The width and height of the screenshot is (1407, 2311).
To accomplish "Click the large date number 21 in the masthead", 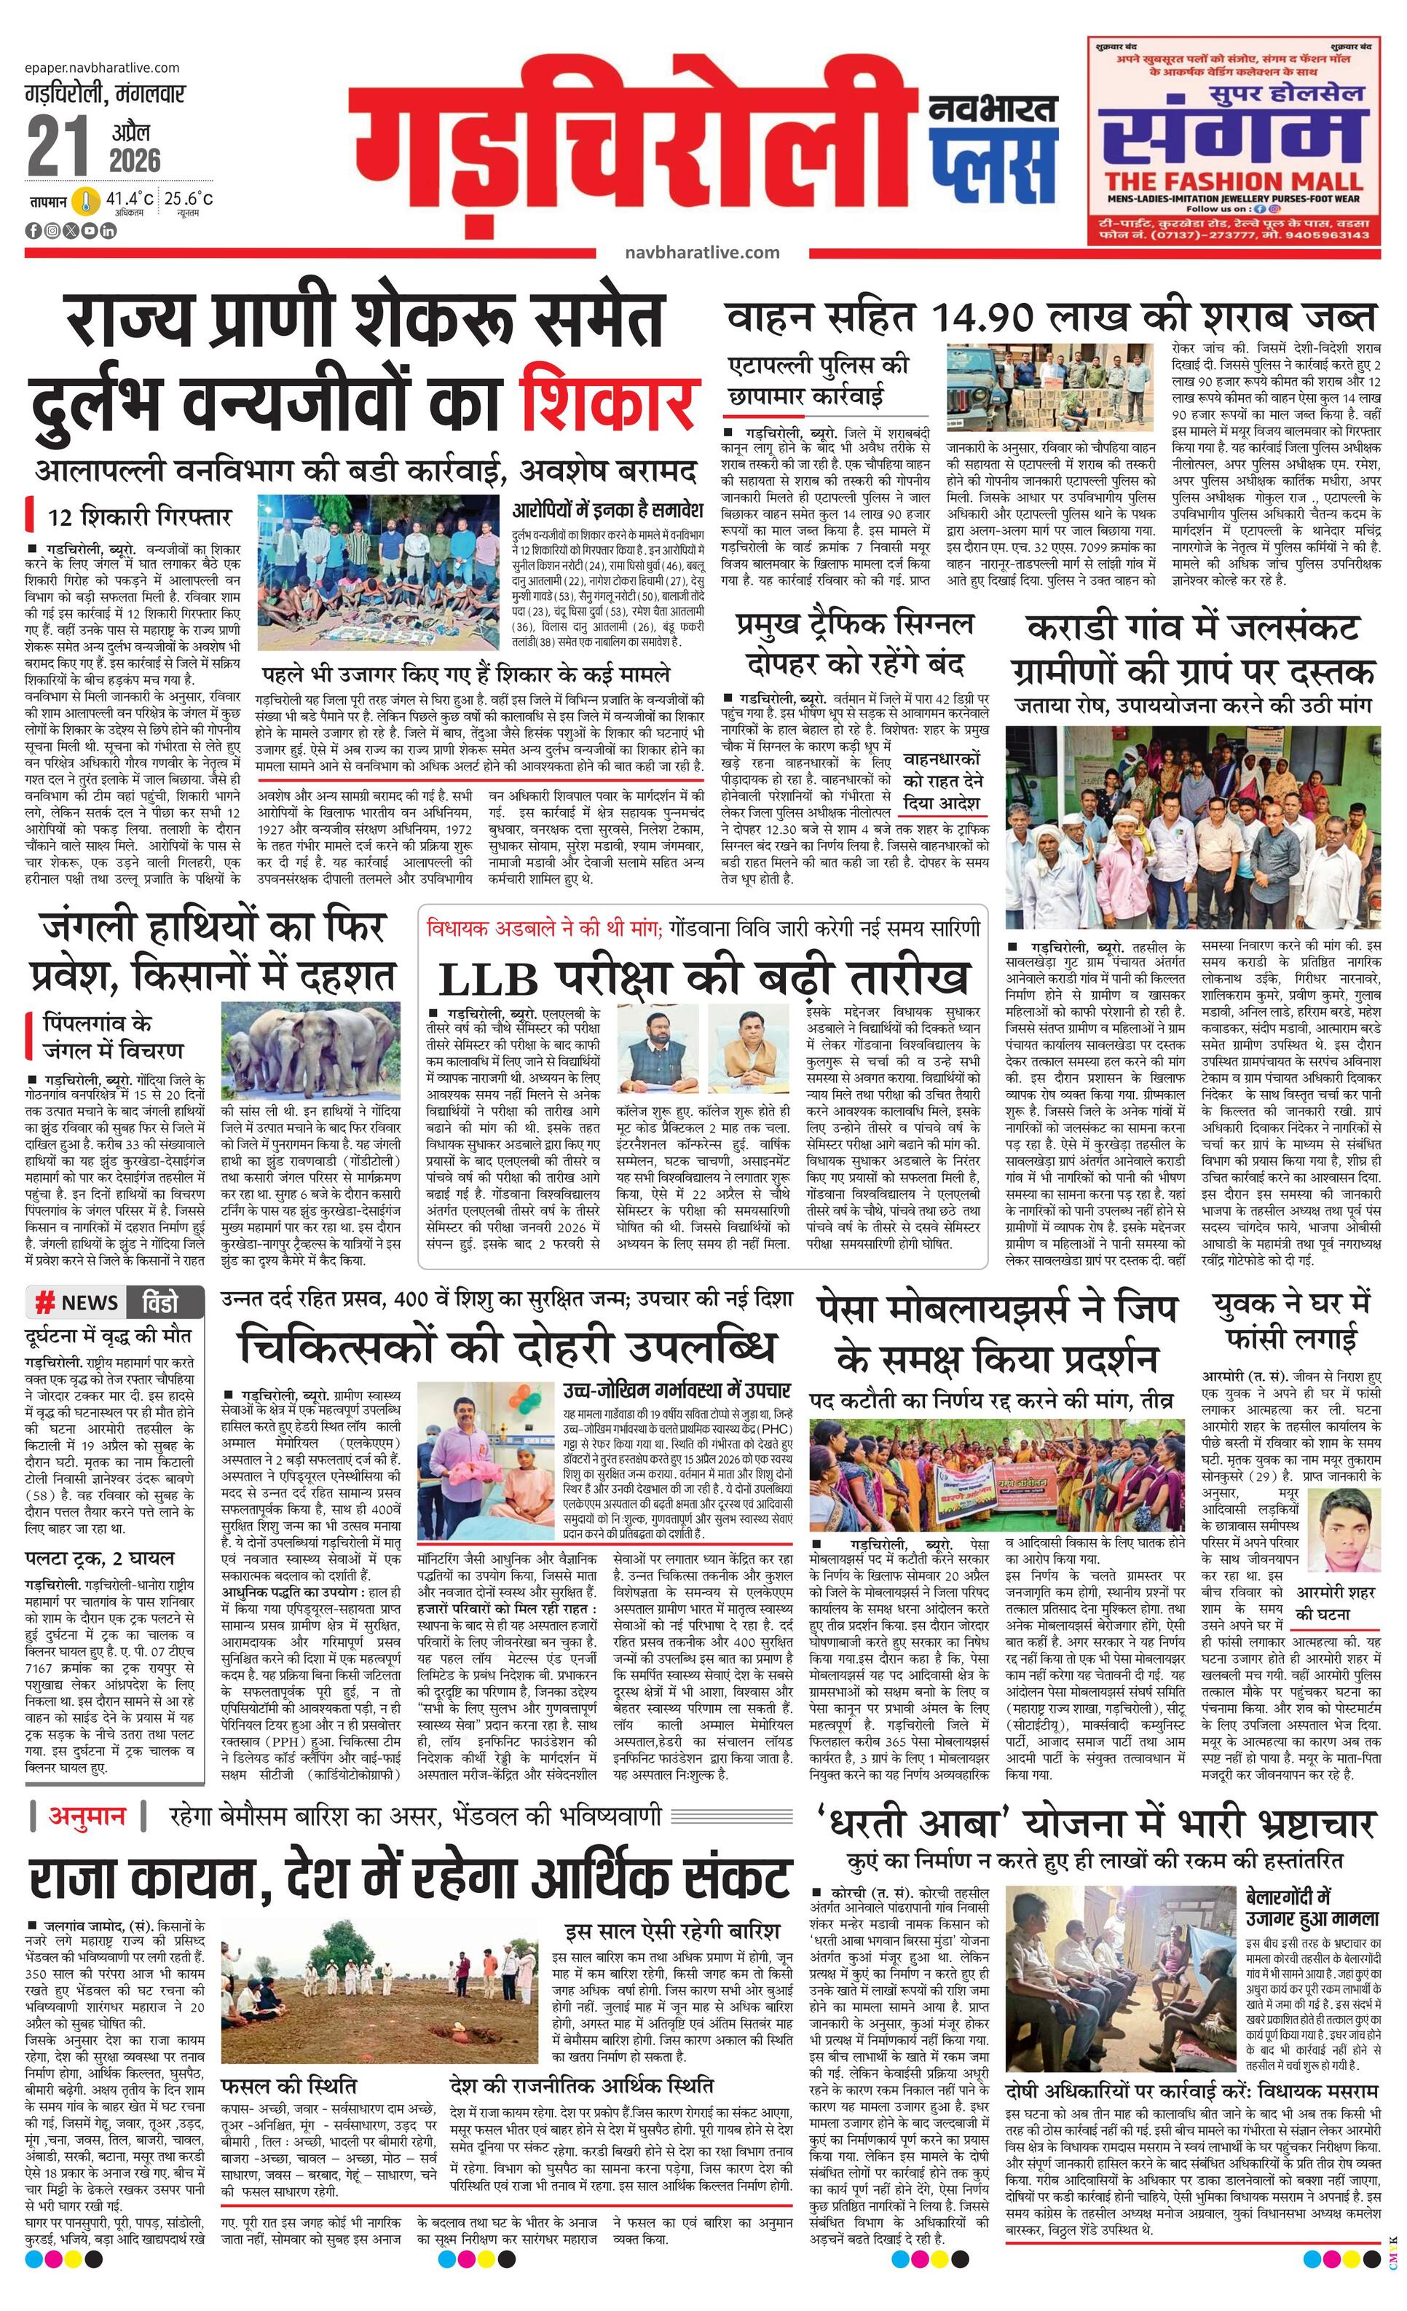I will click(x=58, y=146).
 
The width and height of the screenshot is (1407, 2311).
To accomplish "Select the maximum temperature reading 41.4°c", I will click(x=128, y=199).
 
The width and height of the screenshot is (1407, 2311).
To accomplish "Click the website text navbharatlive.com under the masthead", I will click(x=701, y=252).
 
